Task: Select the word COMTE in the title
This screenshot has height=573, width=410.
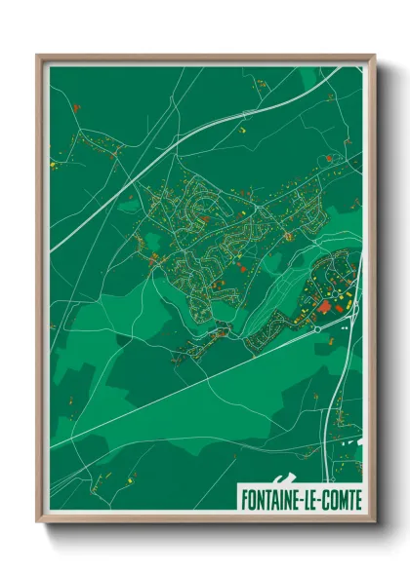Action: [341, 500]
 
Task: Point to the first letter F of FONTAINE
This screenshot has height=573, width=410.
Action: [244, 500]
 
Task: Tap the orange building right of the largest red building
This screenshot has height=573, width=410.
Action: [342, 307]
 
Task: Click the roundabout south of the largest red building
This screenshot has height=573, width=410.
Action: [317, 329]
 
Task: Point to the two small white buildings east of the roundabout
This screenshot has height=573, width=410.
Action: [345, 328]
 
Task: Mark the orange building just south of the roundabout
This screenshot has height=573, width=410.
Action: [316, 341]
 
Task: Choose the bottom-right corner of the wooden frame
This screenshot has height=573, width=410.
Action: [373, 523]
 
